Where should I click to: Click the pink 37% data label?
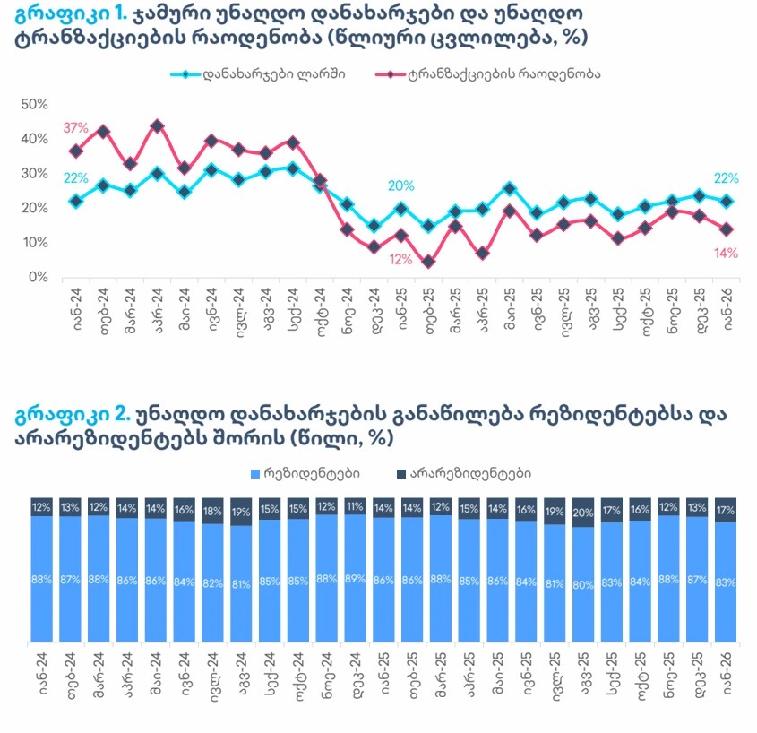pos(75,128)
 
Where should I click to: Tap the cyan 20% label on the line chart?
pos(400,186)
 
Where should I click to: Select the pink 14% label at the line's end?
pos(727,254)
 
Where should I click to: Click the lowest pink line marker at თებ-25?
pos(428,262)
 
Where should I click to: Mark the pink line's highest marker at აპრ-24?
pos(157,126)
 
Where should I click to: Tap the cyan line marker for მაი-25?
pos(510,188)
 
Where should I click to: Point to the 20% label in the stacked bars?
pos(583,512)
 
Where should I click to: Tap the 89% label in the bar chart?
pos(356,579)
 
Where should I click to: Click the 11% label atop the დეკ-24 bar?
pos(356,505)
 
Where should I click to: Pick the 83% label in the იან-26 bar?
pos(726,582)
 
